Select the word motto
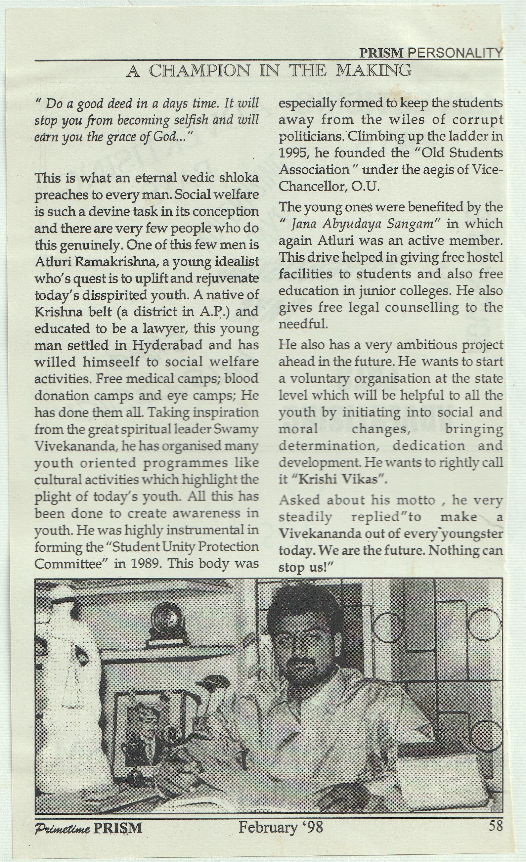click(x=416, y=500)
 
